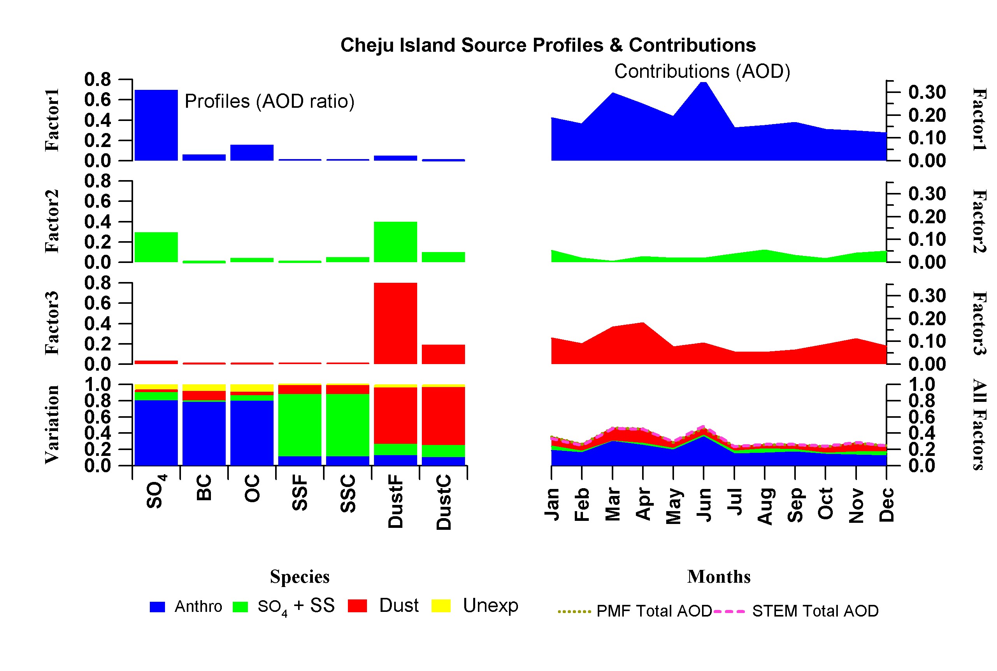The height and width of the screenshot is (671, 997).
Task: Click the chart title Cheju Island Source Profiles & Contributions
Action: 548,46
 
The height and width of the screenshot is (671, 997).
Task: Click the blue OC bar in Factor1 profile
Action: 252,153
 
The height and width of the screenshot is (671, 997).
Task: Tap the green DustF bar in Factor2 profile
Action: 395,242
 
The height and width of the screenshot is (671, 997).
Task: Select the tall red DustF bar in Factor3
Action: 395,323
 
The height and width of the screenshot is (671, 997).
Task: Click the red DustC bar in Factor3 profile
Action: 443,354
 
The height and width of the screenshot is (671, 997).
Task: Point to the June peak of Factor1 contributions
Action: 703,86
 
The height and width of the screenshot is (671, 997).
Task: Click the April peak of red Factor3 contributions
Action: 642,325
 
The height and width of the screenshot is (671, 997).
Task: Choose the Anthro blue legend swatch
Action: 157,606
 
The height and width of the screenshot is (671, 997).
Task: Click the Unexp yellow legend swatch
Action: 441,606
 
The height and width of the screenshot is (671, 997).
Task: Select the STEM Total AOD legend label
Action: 814,611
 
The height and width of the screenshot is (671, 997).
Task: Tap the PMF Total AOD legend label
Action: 654,611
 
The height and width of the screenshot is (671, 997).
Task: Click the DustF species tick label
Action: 395,501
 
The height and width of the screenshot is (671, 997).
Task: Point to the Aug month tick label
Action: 765,506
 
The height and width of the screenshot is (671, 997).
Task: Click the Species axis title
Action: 300,576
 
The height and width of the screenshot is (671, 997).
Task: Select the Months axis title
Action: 719,576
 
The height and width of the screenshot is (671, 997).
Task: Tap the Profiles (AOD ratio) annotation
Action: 269,102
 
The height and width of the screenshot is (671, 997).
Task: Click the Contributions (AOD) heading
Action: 702,72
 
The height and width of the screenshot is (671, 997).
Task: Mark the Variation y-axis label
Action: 52,424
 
